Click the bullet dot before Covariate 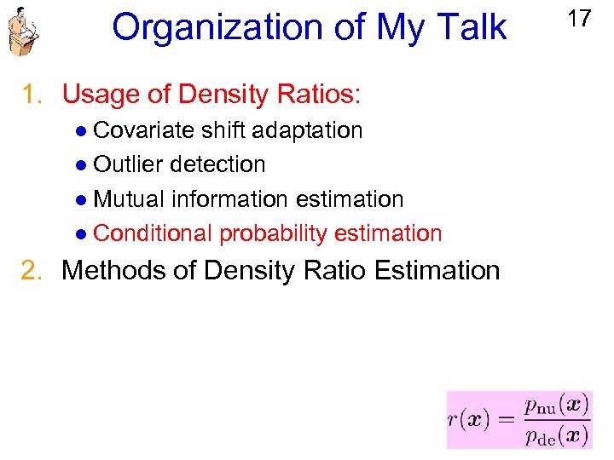79,131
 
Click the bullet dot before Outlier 79,165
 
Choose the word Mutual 129,199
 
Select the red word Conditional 153,233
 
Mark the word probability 273,233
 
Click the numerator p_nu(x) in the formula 555,405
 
